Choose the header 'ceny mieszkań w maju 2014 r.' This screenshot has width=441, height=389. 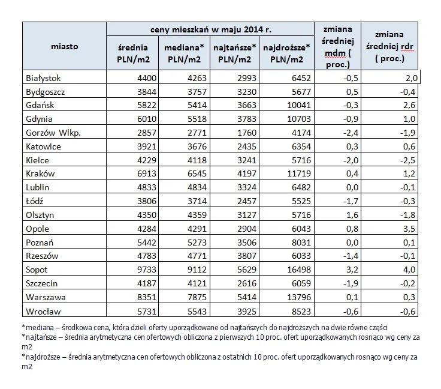[210, 28]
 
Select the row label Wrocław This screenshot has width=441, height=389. [43, 311]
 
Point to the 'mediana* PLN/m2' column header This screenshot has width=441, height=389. [185, 53]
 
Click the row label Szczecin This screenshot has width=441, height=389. [43, 283]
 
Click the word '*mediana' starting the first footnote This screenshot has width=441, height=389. [37, 327]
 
